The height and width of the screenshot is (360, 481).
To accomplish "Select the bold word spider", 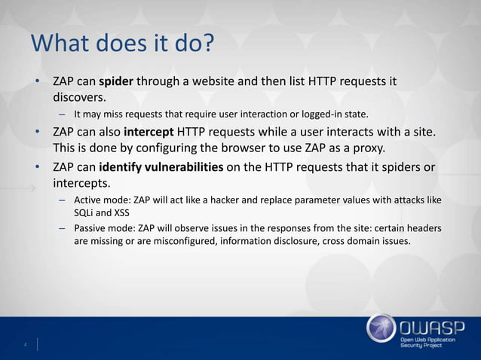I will coord(115,81).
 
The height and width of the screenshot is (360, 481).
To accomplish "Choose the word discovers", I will coord(79,97).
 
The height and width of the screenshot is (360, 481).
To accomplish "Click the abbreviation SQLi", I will coord(84,212).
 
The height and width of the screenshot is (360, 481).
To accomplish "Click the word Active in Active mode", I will coord(87,200).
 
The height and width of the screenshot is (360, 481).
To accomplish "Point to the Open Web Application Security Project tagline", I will coord(433,346).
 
